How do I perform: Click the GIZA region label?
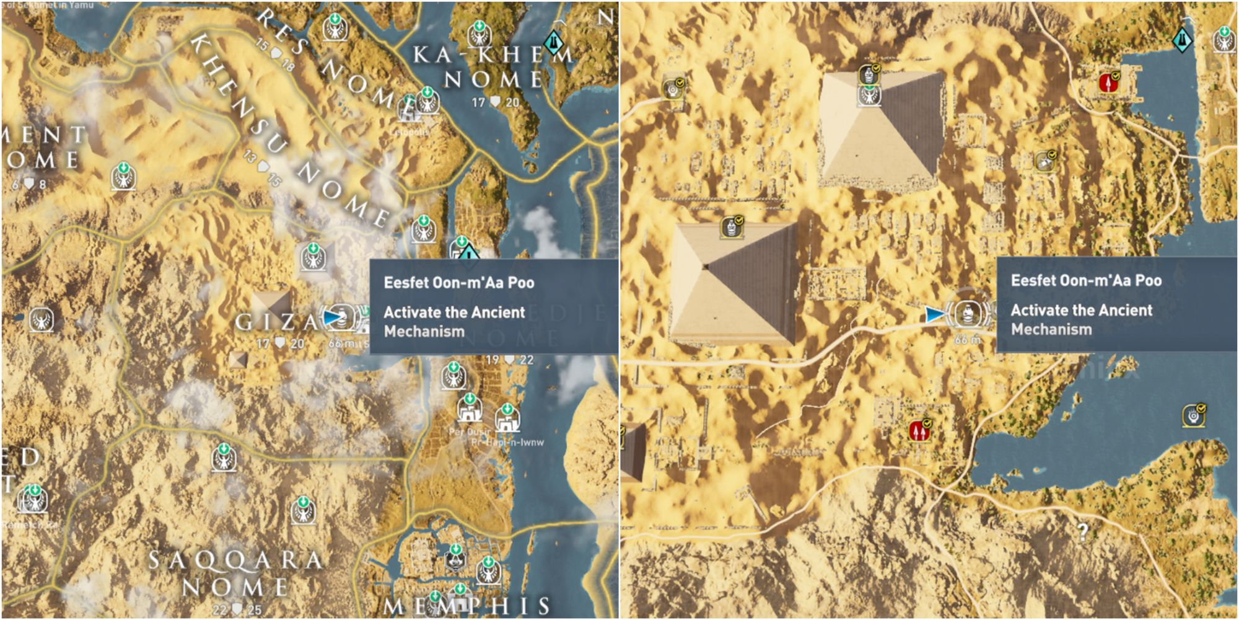(276, 321)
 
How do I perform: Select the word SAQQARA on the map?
(235, 560)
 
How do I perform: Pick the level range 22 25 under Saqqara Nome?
(237, 610)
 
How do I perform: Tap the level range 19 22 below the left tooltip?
(509, 360)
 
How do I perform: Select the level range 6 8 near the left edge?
(28, 184)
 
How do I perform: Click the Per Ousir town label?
(469, 432)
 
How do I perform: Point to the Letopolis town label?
(411, 132)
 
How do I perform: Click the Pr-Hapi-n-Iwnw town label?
(507, 442)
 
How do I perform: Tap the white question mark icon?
(1082, 531)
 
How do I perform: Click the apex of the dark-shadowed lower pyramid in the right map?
(706, 267)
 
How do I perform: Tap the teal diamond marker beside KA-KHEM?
(553, 42)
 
